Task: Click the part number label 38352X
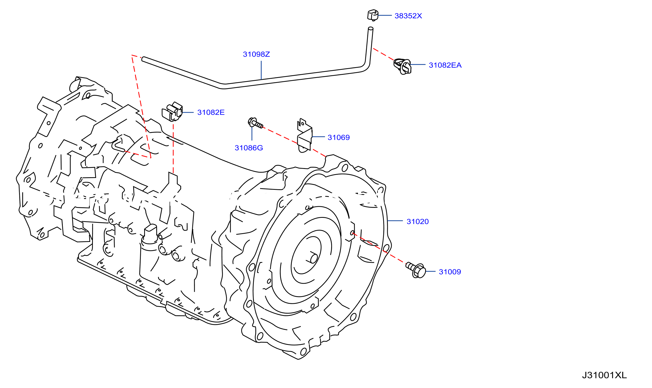tap(408, 16)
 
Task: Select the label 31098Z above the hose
tap(256, 54)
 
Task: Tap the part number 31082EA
tap(445, 65)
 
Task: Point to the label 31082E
tap(211, 112)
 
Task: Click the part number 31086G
tap(249, 148)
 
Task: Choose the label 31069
tap(339, 138)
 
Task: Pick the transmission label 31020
tap(418, 222)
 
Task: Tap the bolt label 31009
tap(450, 272)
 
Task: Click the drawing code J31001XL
tap(604, 375)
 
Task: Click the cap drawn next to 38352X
tap(373, 15)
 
